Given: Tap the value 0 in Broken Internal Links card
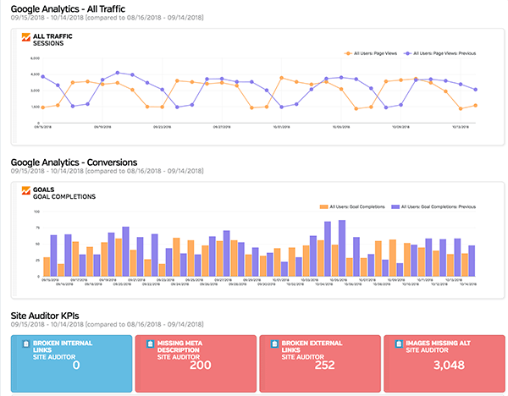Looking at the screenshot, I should pyautogui.click(x=75, y=365).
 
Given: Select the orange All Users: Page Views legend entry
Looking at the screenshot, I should pyautogui.click(x=373, y=52).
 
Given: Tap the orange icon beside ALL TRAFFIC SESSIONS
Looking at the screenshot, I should pyautogui.click(x=25, y=38).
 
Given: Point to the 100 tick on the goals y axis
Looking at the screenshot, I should pyautogui.click(x=37, y=212).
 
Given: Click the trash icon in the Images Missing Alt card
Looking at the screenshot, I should pyautogui.click(x=395, y=344).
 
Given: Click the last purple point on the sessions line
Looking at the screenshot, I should pyautogui.click(x=476, y=89).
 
